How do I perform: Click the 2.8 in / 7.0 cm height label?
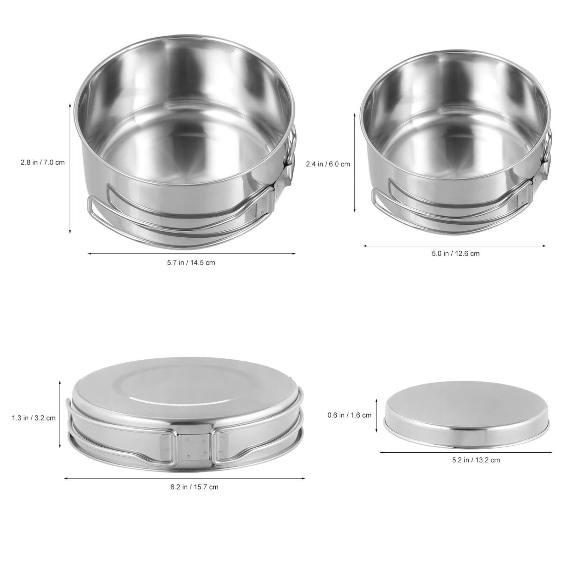(x=42, y=163)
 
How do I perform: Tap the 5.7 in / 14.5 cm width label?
(x=190, y=262)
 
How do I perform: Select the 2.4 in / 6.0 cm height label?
(x=328, y=164)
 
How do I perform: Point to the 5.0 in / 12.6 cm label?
(x=455, y=253)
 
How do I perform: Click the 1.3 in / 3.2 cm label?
(x=34, y=418)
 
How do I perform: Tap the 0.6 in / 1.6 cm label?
(x=349, y=415)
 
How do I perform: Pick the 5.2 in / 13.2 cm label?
(x=476, y=460)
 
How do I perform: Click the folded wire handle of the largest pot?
(x=147, y=217)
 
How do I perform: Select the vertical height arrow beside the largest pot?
(x=70, y=168)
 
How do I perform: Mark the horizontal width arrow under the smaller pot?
(x=454, y=246)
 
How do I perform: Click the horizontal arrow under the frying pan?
(x=185, y=479)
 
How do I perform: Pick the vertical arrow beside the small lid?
(x=376, y=415)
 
